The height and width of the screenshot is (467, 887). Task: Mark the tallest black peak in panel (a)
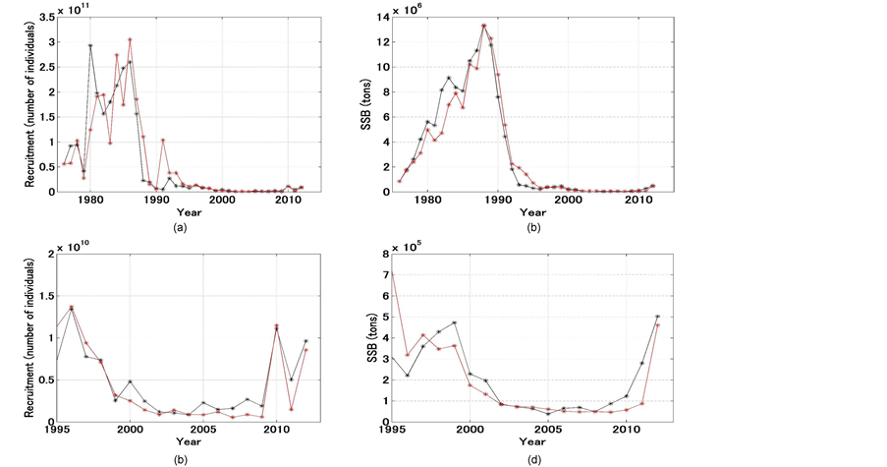[90, 45]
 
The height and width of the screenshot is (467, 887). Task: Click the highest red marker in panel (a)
[130, 39]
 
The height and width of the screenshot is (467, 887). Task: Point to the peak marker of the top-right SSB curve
[483, 26]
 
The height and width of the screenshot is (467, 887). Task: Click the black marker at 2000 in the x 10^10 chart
[130, 381]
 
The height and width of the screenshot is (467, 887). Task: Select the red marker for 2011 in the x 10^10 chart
[292, 409]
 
